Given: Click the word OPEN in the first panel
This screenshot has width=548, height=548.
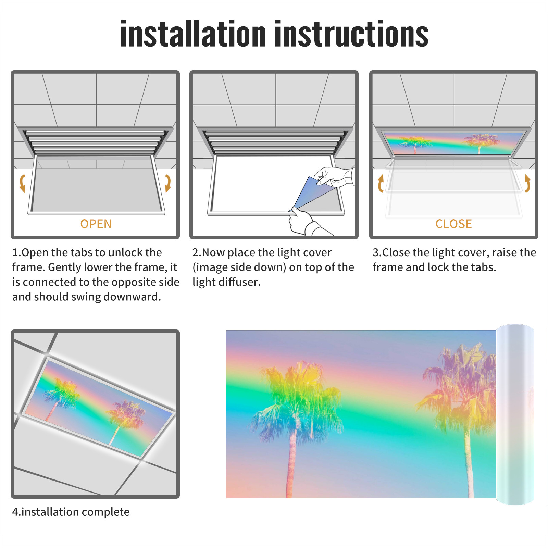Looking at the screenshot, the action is click(96, 224).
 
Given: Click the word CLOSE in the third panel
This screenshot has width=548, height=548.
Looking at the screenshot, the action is click(453, 224).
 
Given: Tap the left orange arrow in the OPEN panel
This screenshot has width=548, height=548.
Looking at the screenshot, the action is click(23, 183).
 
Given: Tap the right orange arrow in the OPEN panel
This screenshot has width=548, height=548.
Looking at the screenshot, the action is click(168, 183).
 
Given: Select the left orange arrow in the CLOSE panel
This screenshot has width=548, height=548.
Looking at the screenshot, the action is click(380, 183).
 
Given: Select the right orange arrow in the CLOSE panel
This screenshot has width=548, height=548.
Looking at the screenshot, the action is click(527, 183).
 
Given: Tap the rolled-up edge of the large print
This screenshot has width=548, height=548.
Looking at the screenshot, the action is click(515, 414).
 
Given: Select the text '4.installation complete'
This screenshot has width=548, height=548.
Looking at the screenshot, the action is click(71, 512).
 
